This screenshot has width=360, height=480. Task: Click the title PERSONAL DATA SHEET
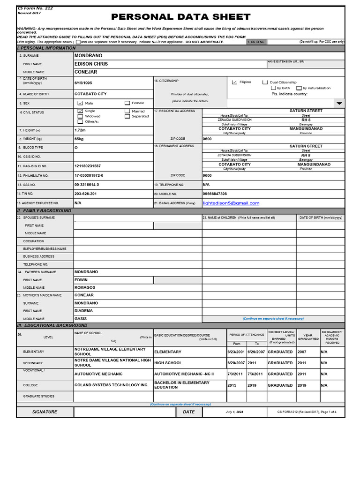(180, 17)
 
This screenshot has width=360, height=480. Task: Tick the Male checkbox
(80, 103)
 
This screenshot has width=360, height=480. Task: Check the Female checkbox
(127, 103)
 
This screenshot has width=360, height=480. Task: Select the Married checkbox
(127, 111)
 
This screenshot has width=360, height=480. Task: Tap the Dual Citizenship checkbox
(265, 82)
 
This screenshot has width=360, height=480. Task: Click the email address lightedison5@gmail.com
(231, 203)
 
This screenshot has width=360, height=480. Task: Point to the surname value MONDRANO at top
(88, 55)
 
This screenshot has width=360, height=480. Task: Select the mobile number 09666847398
(215, 194)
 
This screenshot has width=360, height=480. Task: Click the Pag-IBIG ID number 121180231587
(88, 166)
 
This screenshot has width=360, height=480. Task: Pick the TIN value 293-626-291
(86, 194)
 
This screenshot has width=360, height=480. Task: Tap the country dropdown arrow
(339, 103)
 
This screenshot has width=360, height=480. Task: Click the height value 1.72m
(80, 130)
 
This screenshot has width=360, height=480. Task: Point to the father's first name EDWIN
(81, 280)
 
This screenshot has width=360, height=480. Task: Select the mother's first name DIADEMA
(84, 310)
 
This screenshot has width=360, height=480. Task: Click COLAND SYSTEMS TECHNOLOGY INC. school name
(111, 385)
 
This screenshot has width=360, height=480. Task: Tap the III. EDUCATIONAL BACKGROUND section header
(52, 325)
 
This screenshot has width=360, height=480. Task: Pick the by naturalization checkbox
(299, 88)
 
